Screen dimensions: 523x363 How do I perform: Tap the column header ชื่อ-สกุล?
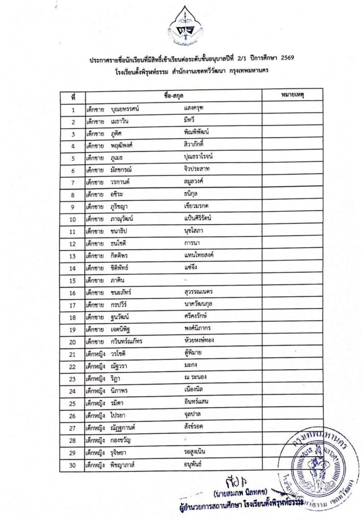pos(174,96)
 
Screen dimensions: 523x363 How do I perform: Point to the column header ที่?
pos(74,96)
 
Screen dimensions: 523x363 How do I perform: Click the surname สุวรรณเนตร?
pos(199,292)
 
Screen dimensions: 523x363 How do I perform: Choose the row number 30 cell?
pos(74,464)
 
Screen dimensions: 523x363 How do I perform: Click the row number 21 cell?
pos(74,353)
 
